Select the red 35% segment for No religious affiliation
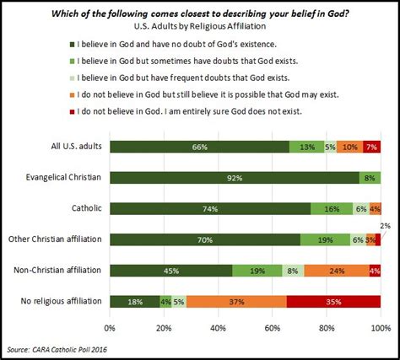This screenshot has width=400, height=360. tap(333, 301)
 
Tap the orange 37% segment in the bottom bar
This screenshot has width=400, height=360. tap(236, 301)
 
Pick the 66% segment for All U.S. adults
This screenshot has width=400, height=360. tap(199, 148)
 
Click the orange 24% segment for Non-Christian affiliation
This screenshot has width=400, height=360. tap(336, 271)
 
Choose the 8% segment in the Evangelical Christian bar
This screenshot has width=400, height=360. tap(370, 178)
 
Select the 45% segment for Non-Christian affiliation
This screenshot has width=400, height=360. tap(170, 271)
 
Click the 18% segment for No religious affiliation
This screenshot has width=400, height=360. tap(133, 301)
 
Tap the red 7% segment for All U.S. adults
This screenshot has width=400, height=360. tap(371, 148)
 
